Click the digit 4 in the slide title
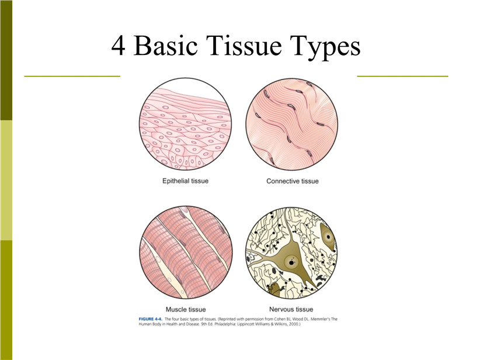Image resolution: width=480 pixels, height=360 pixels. [x=118, y=46]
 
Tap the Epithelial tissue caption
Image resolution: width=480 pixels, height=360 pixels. [x=185, y=181]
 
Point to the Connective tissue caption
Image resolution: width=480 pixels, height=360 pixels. [x=293, y=181]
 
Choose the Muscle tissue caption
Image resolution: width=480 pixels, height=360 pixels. [x=186, y=309]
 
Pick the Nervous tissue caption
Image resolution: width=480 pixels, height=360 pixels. [x=291, y=309]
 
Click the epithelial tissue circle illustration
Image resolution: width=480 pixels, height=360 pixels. [x=185, y=124]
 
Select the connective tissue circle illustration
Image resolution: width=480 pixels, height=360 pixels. [x=292, y=124]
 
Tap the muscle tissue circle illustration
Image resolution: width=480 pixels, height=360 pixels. [x=186, y=252]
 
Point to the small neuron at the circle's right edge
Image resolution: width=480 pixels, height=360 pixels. [x=328, y=236]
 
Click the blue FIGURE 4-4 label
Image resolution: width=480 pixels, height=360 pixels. [x=150, y=319]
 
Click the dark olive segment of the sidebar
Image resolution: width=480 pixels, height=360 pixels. [x=6, y=60]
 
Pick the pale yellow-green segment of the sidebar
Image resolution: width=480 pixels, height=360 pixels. [x=6, y=180]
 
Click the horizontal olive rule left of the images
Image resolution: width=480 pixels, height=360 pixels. [x=72, y=76]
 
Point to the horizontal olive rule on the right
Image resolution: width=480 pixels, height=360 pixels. [x=402, y=76]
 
